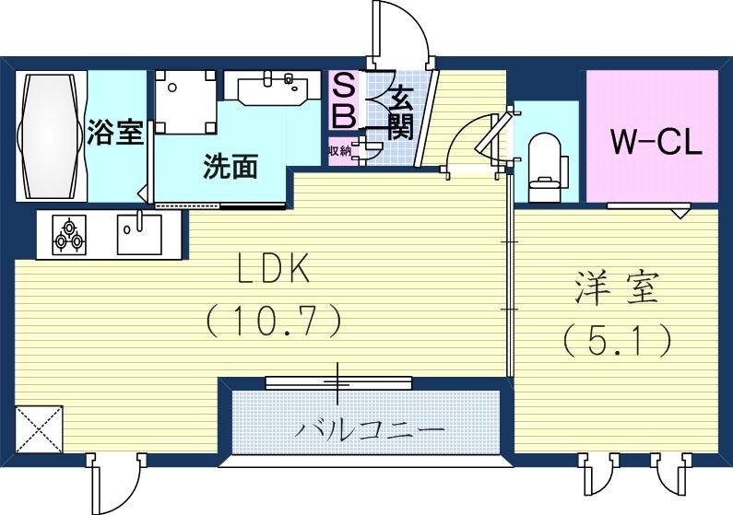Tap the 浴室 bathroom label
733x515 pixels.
pos(115,133)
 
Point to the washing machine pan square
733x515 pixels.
pos(185,102)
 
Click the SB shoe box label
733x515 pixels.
pos(342,102)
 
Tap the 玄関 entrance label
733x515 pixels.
pos(398,110)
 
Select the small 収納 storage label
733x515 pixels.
pos(338,150)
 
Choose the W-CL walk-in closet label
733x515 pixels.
pos(656,142)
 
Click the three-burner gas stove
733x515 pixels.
pos(69,234)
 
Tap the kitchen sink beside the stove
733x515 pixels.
pos(138,234)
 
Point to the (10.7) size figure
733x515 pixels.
pos(273,321)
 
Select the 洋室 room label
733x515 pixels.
pos(619,289)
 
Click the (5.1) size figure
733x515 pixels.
pos(617,341)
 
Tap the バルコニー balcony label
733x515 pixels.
pos(370,429)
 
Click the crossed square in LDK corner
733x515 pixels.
pos(39,429)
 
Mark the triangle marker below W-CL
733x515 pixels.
pos(680,214)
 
